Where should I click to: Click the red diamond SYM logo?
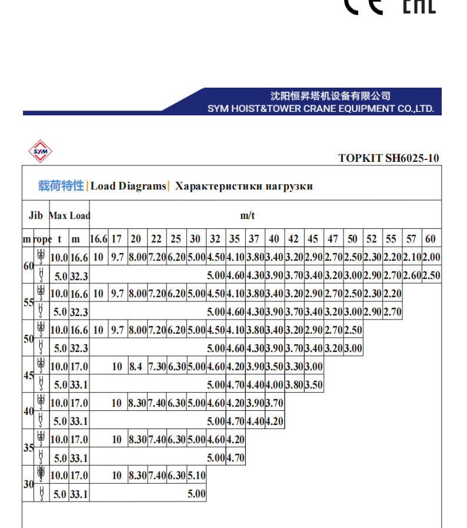(x=41, y=151)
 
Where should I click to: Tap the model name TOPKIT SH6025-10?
(x=389, y=158)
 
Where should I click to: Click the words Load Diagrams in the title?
(x=129, y=186)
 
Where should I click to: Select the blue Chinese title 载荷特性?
(x=61, y=186)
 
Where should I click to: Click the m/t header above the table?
(x=248, y=215)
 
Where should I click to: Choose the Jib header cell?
(x=36, y=215)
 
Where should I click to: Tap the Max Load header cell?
(x=69, y=215)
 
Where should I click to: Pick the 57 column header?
(x=412, y=239)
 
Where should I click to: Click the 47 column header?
(x=333, y=239)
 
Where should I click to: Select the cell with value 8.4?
(x=136, y=367)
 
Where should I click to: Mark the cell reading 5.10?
(x=196, y=475)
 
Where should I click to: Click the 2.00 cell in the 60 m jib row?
(x=431, y=257)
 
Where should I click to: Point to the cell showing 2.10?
(x=412, y=257)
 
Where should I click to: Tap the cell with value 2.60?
(x=412, y=275)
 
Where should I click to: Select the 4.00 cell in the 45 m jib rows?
(x=274, y=386)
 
